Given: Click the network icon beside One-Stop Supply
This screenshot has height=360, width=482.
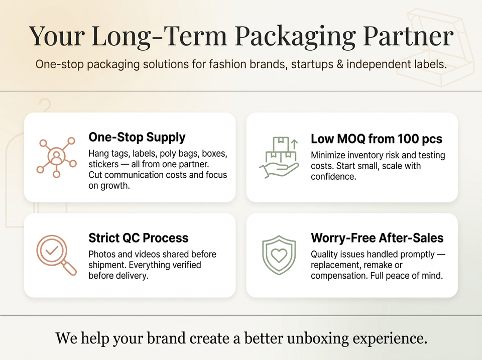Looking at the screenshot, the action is (57, 157).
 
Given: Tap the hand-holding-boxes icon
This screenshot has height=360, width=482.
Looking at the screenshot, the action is (279, 157).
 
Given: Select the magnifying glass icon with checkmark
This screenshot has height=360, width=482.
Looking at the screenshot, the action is (56, 255).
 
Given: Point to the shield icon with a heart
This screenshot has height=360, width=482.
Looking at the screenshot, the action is (279, 255).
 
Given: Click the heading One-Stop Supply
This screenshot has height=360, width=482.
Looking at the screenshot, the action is (137, 138).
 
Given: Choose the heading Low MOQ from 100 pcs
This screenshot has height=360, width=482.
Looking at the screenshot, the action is (376, 139).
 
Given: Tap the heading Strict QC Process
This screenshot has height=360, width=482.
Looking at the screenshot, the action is (139, 238).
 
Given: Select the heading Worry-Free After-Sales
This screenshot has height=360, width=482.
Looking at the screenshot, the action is (377, 238).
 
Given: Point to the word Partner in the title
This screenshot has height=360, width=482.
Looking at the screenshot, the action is (408, 36).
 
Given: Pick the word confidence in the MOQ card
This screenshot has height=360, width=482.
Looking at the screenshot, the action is (333, 177).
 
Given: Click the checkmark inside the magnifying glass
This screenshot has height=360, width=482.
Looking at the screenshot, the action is (52, 250).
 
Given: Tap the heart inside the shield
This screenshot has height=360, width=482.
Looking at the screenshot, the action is (279, 255).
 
